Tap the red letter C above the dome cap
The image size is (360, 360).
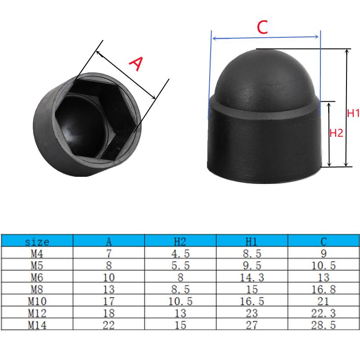tap(262, 28)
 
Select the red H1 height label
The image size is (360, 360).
tap(353, 113)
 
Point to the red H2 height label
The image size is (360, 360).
tap(337, 133)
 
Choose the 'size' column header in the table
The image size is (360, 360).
tap(37, 242)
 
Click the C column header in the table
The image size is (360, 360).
tap(324, 242)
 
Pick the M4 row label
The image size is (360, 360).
tap(37, 253)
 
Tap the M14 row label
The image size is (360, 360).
tap(37, 325)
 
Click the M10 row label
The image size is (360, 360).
tap(37, 301)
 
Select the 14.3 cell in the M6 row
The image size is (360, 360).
tap(252, 277)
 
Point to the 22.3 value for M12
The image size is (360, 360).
tap(324, 314)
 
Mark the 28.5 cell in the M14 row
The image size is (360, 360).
tap(324, 325)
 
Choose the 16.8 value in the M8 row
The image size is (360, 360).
tap(324, 289)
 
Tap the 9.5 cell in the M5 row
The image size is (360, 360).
tap(252, 265)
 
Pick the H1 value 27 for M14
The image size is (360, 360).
tap(252, 325)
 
